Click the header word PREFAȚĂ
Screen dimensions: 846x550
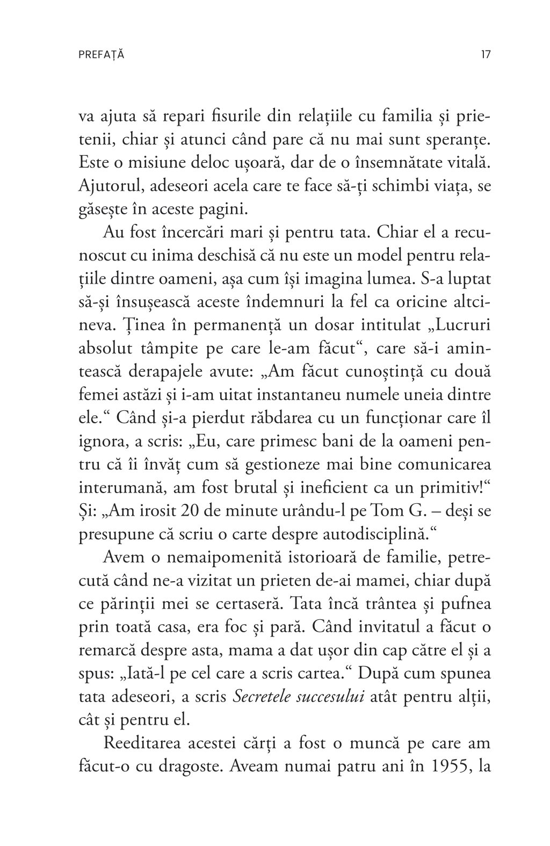point(101,55)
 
